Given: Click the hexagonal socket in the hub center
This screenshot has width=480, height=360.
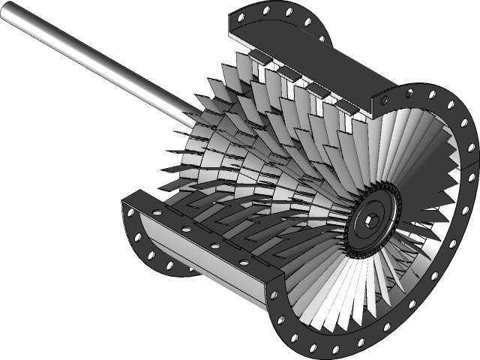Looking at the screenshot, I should tap(370, 218).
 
